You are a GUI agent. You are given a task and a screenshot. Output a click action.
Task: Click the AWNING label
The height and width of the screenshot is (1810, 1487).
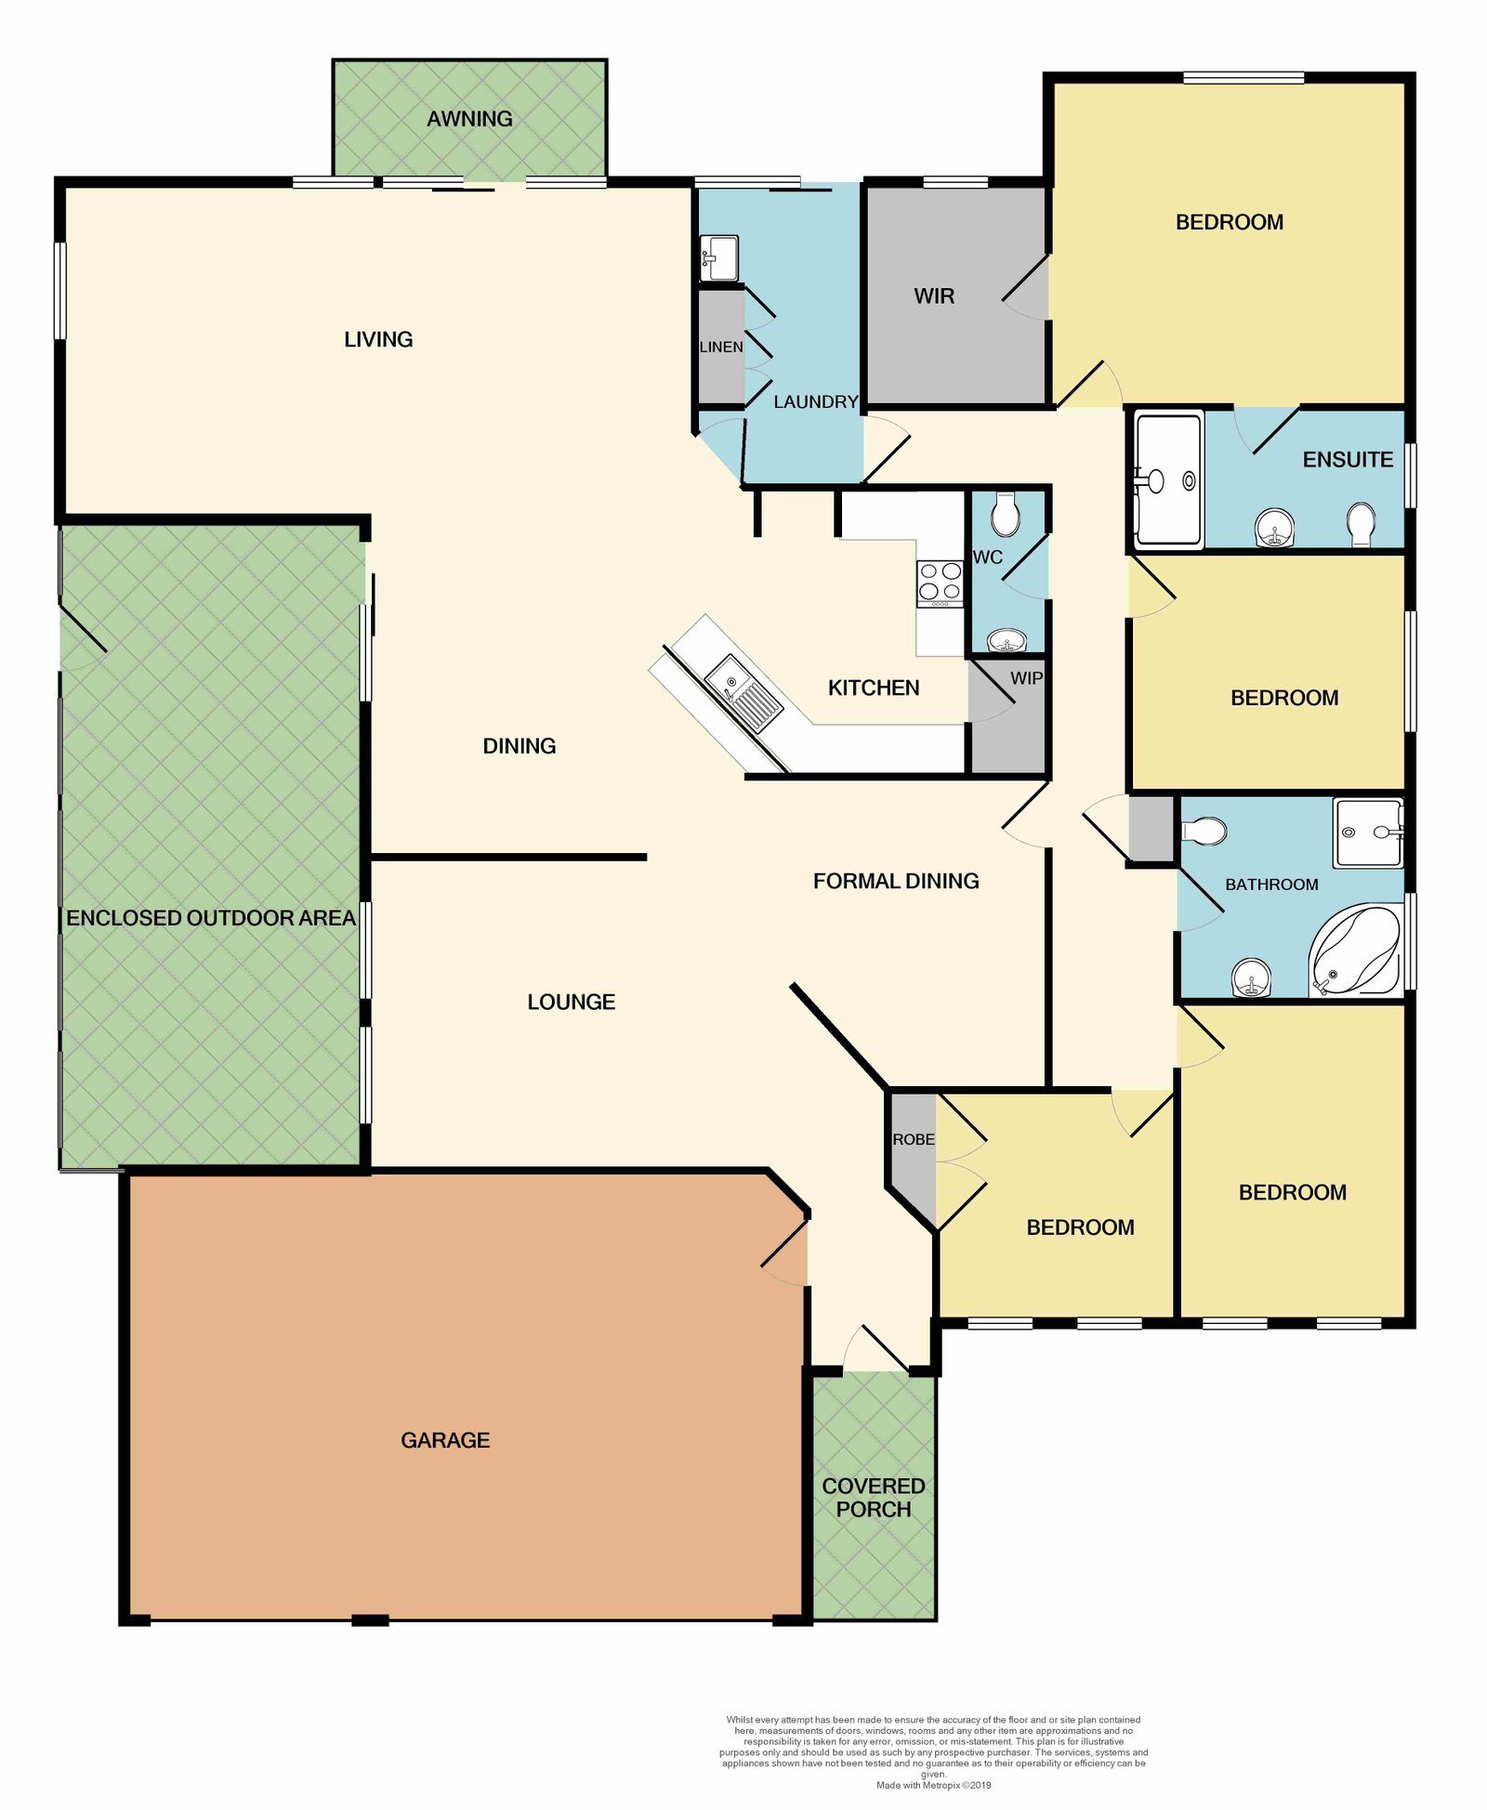469,119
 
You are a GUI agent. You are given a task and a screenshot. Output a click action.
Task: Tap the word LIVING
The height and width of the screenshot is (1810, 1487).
378,339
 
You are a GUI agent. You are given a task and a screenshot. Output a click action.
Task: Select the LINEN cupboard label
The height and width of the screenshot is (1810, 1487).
721,347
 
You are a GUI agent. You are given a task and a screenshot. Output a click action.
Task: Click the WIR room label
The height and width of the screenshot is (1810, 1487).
934,295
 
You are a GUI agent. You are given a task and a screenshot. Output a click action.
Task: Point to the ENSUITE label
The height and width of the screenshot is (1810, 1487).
1348,459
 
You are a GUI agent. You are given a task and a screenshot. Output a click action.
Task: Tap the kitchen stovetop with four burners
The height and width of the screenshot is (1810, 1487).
940,584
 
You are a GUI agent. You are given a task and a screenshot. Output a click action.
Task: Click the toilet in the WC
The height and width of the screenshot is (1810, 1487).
1006,514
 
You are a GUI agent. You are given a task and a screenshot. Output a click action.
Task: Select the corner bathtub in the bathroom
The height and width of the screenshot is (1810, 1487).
1355,951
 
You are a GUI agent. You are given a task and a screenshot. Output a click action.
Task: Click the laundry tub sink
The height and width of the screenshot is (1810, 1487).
718,257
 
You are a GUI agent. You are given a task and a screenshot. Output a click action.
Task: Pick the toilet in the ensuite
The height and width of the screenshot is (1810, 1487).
1361,524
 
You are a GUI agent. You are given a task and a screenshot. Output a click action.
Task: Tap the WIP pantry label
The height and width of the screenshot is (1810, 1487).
1026,678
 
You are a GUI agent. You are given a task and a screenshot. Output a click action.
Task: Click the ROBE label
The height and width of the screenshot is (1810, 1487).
914,1139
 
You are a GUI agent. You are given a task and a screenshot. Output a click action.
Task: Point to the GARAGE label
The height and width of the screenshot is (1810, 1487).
445,1440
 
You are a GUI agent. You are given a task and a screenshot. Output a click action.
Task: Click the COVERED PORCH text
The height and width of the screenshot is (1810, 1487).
874,1498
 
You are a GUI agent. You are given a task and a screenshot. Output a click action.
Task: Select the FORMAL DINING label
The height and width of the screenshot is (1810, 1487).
896,881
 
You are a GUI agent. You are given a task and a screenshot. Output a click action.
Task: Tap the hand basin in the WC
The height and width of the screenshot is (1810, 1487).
1007,640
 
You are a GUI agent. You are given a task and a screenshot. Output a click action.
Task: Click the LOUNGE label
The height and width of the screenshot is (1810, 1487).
571,1002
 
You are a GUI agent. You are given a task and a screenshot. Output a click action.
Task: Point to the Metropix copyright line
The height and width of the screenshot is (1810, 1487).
933,1785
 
